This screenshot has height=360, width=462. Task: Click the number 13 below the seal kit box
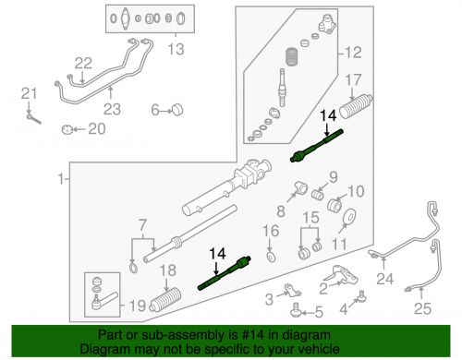pos(176,49)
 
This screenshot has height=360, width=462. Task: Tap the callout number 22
pos(83,64)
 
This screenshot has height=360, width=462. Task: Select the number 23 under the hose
pos(112,109)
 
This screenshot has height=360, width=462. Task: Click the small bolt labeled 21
pos(33,118)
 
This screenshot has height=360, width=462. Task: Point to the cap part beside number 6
pos(177,110)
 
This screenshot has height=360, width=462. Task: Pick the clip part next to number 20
pos(67,129)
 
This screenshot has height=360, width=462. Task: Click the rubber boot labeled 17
pos(356,106)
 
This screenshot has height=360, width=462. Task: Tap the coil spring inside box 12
pos(291,56)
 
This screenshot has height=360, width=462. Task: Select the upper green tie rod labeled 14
pos(317,146)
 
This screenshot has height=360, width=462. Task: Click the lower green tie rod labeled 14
pos(224,273)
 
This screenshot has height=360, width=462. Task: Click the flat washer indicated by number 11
pos(349,217)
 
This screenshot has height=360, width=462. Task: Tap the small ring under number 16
pos(271,257)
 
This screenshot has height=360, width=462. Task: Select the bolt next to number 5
pos(296,310)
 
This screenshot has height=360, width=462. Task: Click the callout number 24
pos(385,279)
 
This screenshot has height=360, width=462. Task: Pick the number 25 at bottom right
pos(422,308)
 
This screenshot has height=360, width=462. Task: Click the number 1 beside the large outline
pos(62,179)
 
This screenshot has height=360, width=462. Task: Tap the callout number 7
pos(142,225)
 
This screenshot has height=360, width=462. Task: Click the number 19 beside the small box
pos(137,306)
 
